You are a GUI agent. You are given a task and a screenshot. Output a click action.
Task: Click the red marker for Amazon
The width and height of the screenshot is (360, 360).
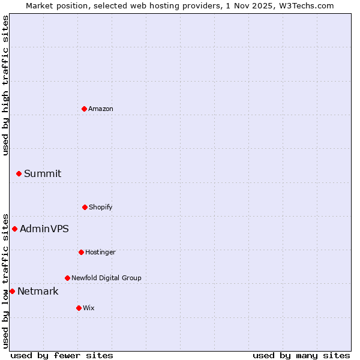pyautogui.click(x=85, y=109)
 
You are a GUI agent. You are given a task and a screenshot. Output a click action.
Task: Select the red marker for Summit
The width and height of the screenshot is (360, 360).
pyautogui.click(x=19, y=173)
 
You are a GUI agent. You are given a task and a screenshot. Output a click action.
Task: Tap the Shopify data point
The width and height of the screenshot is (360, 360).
pyautogui.click(x=85, y=207)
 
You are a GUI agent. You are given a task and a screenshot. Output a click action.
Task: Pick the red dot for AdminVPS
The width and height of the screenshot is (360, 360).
pyautogui.click(x=14, y=229)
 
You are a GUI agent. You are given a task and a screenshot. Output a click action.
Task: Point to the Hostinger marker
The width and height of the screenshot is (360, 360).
pyautogui.click(x=81, y=252)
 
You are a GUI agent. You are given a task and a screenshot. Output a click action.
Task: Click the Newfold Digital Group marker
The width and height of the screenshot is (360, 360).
pyautogui.click(x=67, y=278)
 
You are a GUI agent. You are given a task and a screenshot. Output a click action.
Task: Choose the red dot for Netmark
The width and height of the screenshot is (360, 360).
pyautogui.click(x=12, y=291)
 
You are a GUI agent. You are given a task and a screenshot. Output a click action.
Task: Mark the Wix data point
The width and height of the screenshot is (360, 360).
pyautogui.click(x=79, y=308)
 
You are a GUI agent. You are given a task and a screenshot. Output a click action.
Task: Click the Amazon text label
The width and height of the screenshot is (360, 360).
pyautogui.click(x=101, y=109)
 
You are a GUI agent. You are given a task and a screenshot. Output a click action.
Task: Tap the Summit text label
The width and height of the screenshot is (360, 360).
pyautogui.click(x=43, y=173)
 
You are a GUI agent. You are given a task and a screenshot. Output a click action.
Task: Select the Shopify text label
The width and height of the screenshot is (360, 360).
pyautogui.click(x=101, y=207)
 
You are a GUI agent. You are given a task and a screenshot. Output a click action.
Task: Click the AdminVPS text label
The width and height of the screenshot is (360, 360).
pyautogui.click(x=44, y=229)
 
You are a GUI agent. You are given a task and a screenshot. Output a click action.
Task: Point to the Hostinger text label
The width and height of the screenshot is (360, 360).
pyautogui.click(x=100, y=252)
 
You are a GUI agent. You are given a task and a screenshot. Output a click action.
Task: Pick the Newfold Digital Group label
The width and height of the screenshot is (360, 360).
pyautogui.click(x=106, y=278)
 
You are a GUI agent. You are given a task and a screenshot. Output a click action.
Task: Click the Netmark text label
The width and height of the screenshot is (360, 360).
pyautogui.click(x=38, y=291)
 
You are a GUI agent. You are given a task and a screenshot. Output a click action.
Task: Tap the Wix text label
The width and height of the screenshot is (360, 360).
pyautogui.click(x=89, y=308)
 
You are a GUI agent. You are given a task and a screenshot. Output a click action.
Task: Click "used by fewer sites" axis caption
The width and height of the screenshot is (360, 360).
pyautogui.click(x=62, y=355)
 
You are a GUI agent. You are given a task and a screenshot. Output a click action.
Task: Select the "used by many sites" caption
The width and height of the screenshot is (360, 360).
pyautogui.click(x=301, y=355)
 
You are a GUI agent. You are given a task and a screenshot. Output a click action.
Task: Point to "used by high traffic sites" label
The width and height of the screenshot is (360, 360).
pyautogui.click(x=5, y=86)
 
